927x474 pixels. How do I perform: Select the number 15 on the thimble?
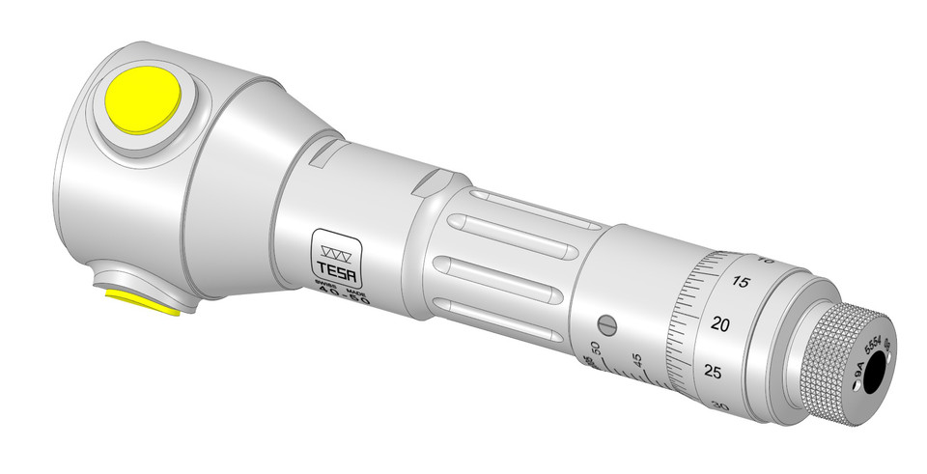coord(742,282)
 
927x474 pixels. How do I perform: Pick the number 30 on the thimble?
coord(716,406)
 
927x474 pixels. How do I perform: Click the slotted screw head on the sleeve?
coord(607,323)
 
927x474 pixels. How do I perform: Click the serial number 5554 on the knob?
coord(872,346)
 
